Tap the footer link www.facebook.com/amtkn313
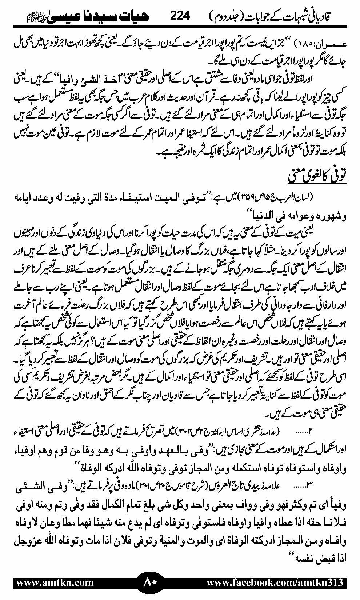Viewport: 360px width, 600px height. tap(275, 583)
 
